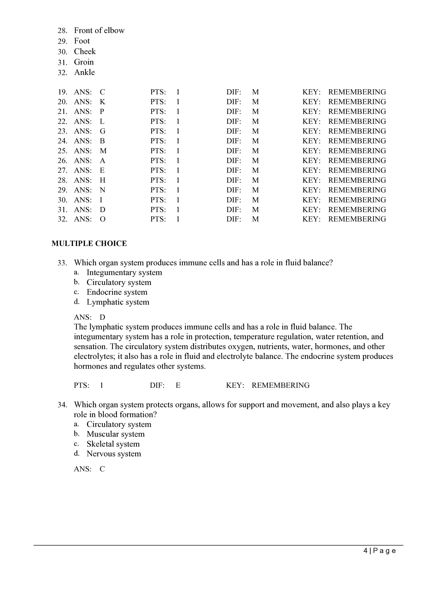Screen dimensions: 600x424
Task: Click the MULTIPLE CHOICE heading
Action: click(x=89, y=243)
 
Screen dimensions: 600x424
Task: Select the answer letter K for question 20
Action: click(x=102, y=102)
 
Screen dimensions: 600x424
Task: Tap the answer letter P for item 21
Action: click(x=102, y=112)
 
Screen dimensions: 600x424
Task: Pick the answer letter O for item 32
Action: click(x=103, y=219)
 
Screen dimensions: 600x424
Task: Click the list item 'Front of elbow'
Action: click(x=99, y=30)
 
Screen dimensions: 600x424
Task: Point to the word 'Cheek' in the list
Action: click(x=85, y=52)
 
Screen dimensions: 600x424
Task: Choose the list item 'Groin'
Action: click(x=84, y=62)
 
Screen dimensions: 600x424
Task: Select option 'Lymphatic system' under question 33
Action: click(x=118, y=302)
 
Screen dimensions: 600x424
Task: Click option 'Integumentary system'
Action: click(x=124, y=273)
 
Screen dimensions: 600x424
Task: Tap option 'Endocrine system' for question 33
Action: click(x=117, y=292)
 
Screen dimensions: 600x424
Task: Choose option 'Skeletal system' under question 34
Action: click(x=113, y=444)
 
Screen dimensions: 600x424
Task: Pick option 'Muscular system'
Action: click(x=116, y=434)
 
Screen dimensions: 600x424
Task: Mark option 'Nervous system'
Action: click(x=114, y=454)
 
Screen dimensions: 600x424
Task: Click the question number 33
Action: click(x=62, y=263)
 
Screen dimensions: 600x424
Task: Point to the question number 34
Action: click(x=62, y=405)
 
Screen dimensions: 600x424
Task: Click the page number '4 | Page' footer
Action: click(x=379, y=551)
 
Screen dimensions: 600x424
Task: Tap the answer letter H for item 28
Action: click(x=103, y=180)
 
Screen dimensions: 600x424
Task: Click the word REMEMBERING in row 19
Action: click(x=357, y=92)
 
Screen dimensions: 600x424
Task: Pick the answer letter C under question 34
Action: click(x=102, y=469)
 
